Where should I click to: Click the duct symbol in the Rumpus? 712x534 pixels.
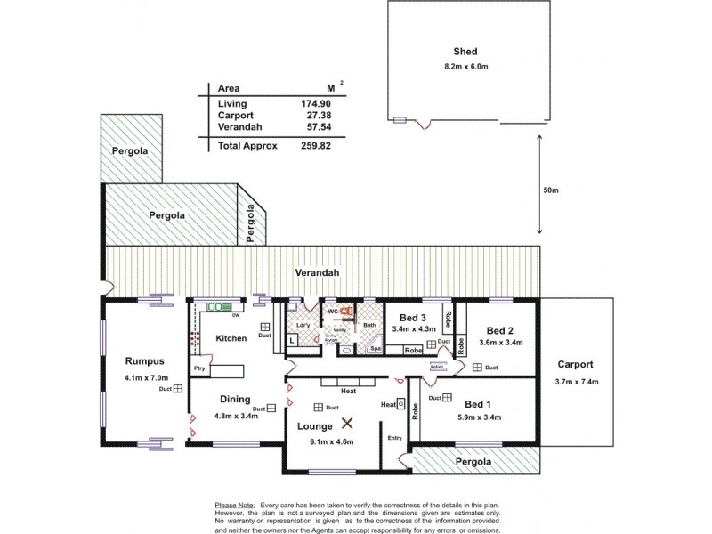click(178, 389)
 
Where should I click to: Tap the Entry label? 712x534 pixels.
click(394, 437)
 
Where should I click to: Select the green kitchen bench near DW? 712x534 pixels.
click(218, 308)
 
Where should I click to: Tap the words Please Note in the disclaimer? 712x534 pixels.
click(234, 503)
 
